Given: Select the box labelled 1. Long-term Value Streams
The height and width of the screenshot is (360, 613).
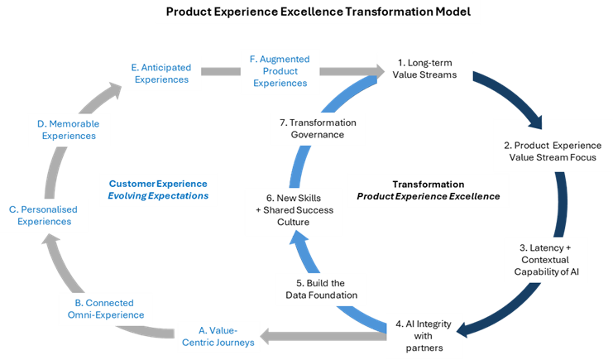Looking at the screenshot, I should (x=424, y=69).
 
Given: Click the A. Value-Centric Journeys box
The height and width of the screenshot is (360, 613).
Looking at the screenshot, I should (x=218, y=336).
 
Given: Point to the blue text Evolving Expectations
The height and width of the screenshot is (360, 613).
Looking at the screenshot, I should (x=159, y=196).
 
